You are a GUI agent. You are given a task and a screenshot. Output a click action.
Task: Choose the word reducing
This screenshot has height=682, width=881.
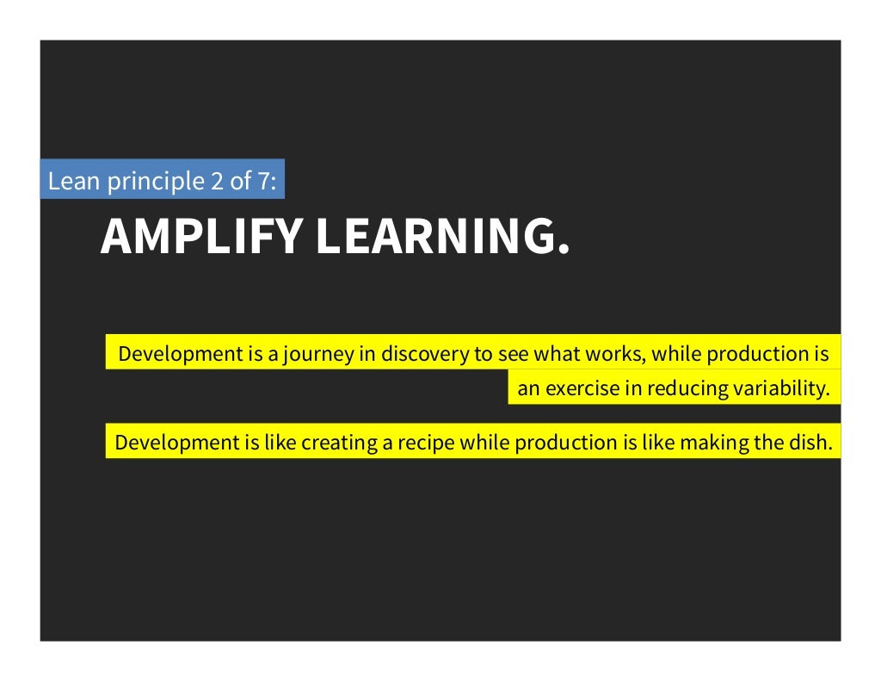687,388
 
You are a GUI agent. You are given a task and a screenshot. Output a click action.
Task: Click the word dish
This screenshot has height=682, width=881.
812,443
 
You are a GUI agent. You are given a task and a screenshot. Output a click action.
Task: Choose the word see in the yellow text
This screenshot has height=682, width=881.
514,353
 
